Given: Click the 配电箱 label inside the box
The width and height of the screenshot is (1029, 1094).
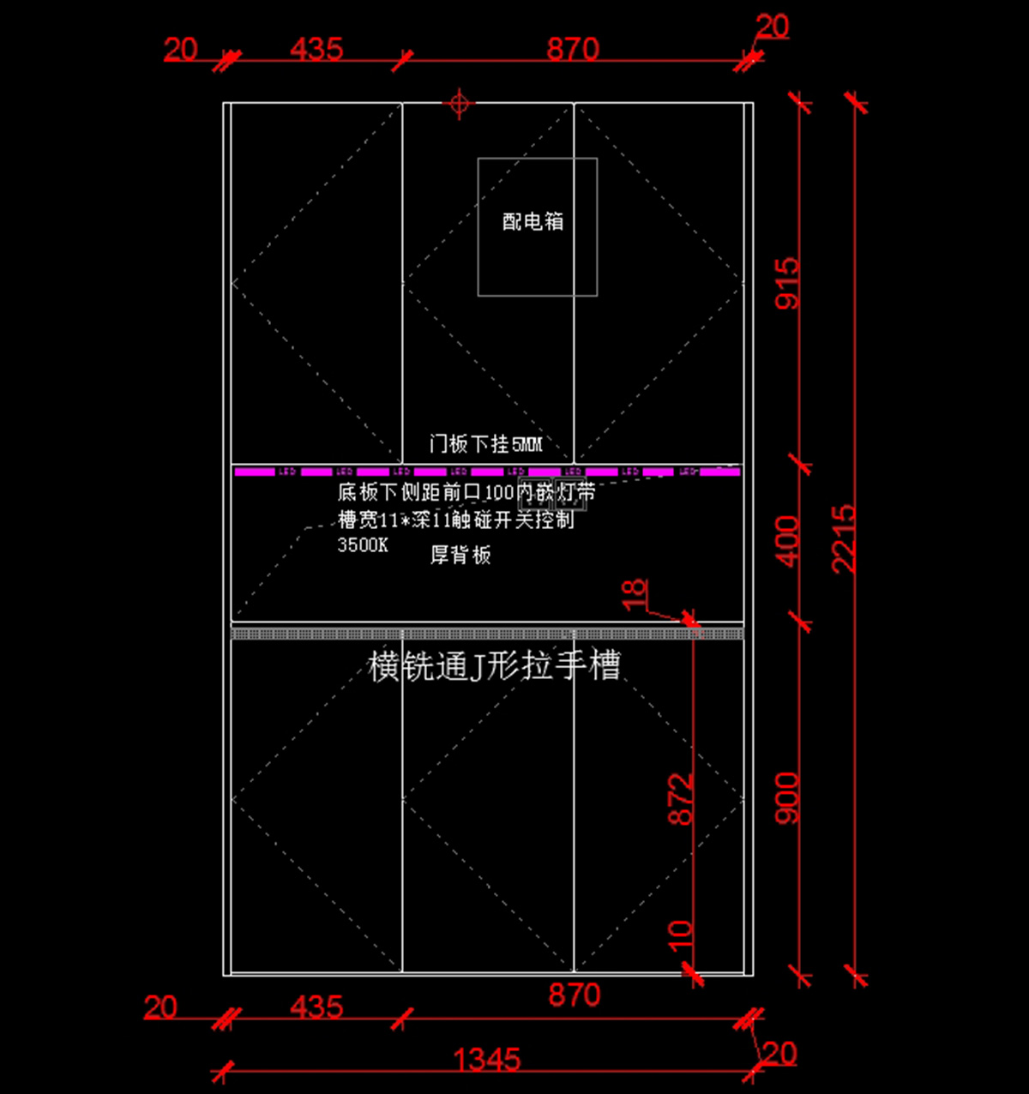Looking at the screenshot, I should point(533,221).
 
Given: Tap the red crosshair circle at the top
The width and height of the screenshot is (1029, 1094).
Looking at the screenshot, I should point(459,104).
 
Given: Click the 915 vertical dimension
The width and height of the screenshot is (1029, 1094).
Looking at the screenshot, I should point(787,283).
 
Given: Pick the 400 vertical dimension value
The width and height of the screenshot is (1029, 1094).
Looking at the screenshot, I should point(787,540).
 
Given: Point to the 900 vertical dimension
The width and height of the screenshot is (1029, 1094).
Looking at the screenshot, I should point(787,797).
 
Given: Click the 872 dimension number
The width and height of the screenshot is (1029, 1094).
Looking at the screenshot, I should point(681,799).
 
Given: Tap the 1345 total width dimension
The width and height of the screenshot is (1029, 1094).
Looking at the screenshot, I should point(486,1061).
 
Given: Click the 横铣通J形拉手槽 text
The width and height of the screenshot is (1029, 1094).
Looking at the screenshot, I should point(494,665).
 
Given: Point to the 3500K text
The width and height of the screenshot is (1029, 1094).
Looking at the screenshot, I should point(363,545).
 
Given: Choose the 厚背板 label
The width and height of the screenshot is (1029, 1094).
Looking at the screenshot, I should point(460,555).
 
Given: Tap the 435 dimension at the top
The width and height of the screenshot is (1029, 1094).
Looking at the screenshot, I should point(316,49).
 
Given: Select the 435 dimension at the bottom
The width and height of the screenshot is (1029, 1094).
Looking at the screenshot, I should point(316,1007).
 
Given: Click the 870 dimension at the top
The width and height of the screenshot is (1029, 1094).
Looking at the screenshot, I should point(573,49).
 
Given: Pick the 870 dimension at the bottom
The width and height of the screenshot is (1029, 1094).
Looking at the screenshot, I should point(574,995).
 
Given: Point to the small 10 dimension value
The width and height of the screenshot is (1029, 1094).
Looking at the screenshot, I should point(680,934).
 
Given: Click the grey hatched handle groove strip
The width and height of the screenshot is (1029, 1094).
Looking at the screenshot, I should point(487,634).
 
